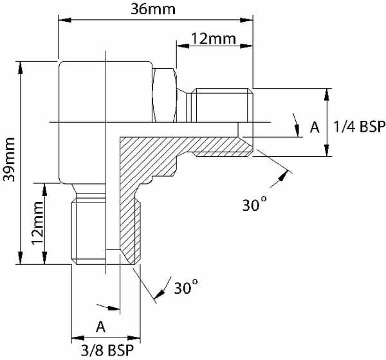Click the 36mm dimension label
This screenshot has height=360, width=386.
[153, 10]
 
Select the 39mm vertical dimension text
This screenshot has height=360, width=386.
[9, 159]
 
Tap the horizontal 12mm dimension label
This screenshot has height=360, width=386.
[214, 39]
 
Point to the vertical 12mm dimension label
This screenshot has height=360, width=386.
[38, 223]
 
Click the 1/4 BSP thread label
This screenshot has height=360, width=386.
[359, 127]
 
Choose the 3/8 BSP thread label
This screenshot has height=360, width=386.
[107, 350]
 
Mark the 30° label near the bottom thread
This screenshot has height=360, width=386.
[186, 287]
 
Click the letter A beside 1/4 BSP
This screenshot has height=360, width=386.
[315, 127]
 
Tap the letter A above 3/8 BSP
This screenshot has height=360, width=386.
[101, 327]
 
